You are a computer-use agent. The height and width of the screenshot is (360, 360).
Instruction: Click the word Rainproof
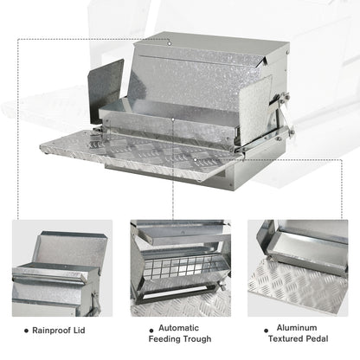point(55,330)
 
